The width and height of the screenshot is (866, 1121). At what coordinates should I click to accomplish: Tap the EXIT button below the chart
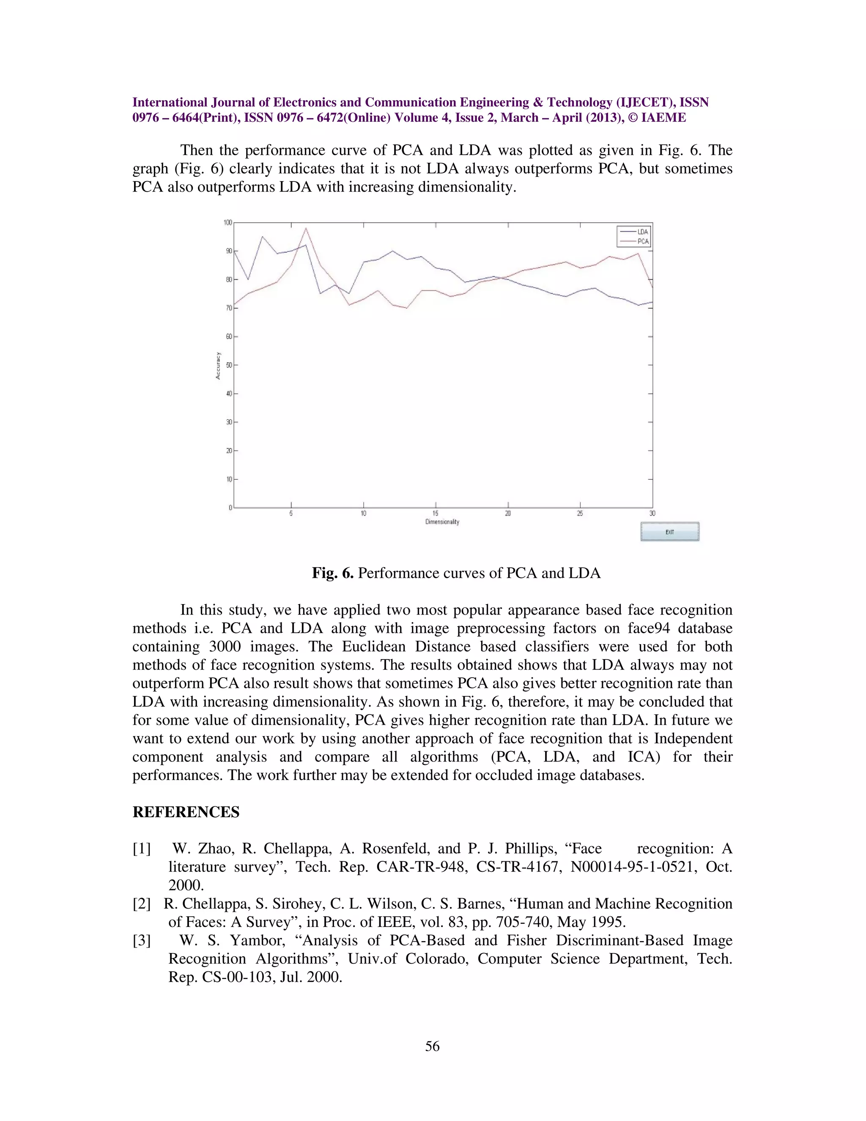click(x=669, y=532)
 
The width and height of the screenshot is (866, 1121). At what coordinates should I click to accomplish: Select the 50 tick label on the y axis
click(x=229, y=365)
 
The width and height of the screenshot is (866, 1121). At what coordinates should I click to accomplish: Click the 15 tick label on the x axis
click(x=435, y=513)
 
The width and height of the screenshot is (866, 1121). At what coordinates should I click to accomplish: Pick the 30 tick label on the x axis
click(x=652, y=513)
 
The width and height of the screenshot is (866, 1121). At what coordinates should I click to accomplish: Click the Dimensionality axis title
click(x=442, y=522)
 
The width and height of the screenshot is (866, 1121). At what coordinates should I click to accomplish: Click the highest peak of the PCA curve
click(x=306, y=228)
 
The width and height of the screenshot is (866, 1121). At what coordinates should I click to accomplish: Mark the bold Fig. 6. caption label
click(x=332, y=573)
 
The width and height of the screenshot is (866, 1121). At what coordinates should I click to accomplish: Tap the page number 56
click(x=433, y=1046)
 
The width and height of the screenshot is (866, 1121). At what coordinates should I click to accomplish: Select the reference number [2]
click(x=142, y=904)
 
